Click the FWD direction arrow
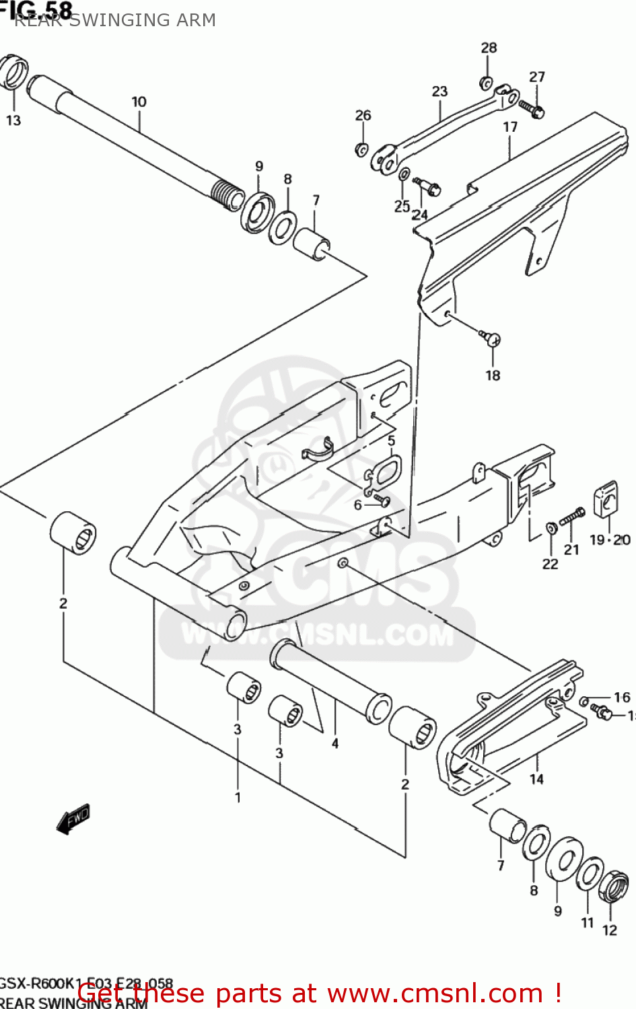(73, 819)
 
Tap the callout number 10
(139, 102)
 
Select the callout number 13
(13, 120)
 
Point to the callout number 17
(510, 126)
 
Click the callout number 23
(439, 91)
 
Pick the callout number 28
(489, 48)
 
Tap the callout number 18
(493, 375)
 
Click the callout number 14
(536, 779)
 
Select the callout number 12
(610, 930)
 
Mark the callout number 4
(334, 743)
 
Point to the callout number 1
(238, 797)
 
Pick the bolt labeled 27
(532, 108)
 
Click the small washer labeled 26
(361, 149)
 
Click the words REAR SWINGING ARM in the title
(115, 20)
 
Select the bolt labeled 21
(571, 517)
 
